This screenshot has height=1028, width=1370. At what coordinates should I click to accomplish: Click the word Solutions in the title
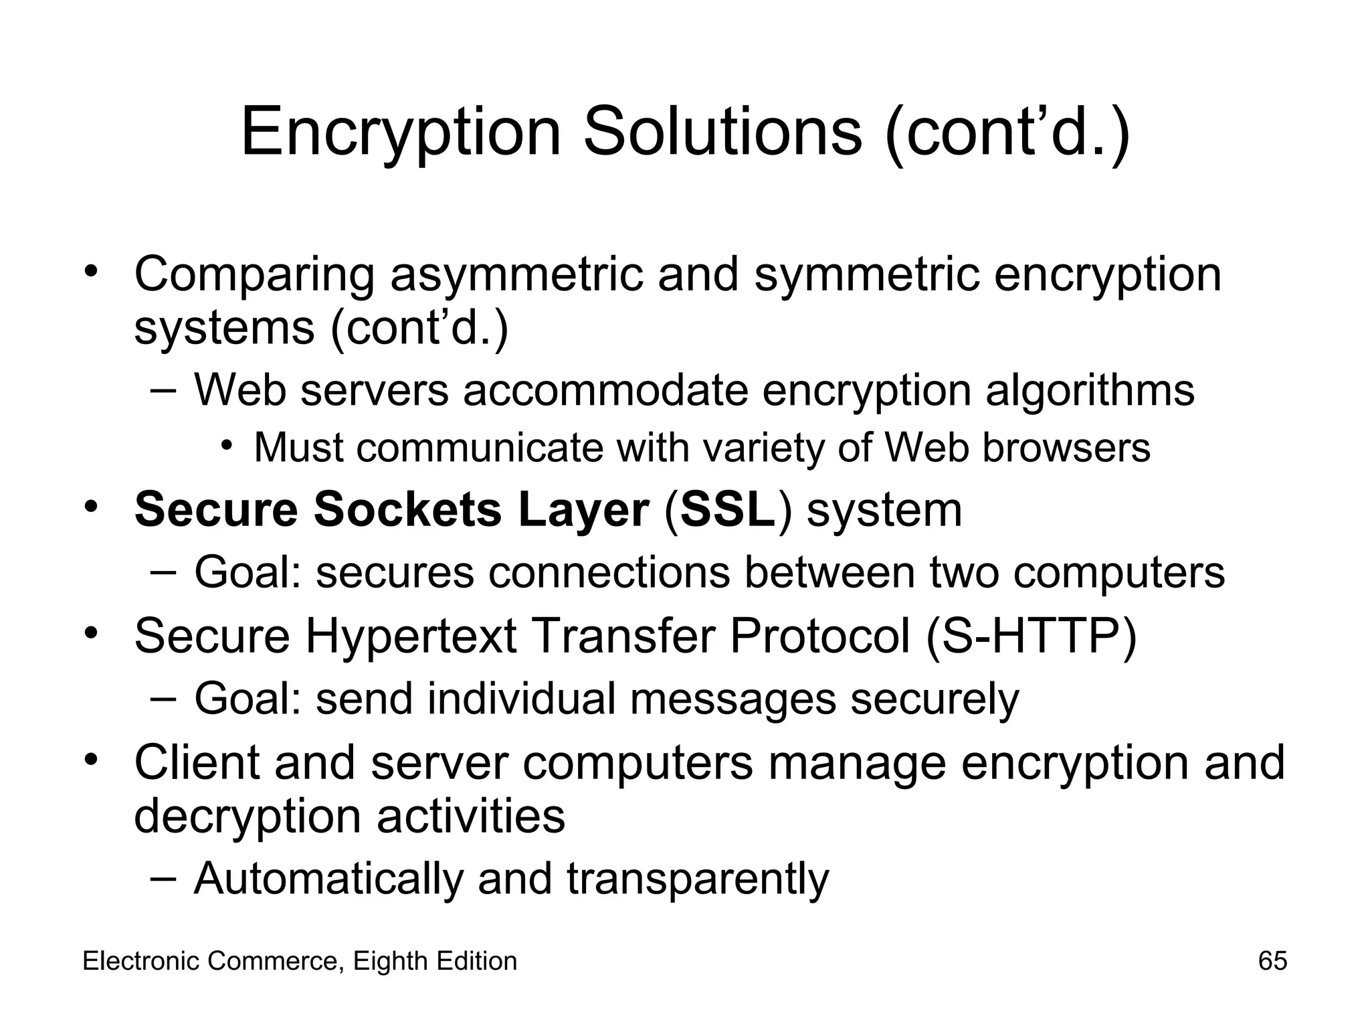tap(722, 132)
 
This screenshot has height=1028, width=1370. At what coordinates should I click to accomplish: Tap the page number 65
tap(1272, 961)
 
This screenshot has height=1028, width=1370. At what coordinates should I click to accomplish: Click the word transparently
tap(698, 879)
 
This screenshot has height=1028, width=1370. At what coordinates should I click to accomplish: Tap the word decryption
tap(247, 817)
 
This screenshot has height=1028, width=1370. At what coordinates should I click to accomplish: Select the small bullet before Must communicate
tap(227, 444)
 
